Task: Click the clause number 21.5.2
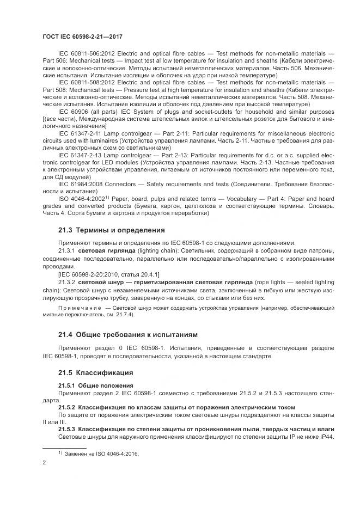(x=66, y=407)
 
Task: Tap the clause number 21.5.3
(x=66, y=429)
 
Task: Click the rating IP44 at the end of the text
(x=326, y=436)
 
